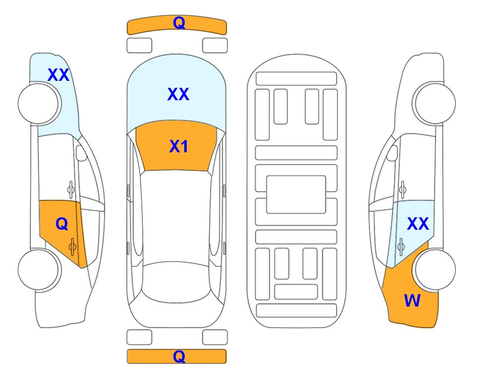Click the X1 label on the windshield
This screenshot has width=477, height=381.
179,146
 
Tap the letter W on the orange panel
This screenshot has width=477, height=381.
412,301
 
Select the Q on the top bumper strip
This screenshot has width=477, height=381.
179,22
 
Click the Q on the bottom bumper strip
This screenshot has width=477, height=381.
179,356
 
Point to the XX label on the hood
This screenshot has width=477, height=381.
178,94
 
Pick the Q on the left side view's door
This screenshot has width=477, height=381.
62,224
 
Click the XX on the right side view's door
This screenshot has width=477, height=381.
418,224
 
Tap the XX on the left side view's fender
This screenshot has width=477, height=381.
58,75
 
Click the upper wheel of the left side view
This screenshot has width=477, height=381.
40,103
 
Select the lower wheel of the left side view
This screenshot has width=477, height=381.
40,269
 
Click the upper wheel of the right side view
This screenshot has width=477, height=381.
434,103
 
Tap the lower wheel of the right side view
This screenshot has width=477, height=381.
434,269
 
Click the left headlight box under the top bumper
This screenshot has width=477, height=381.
139,46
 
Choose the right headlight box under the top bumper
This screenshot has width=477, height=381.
215,46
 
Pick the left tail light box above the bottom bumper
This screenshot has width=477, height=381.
139,337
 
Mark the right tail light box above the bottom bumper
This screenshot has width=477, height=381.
215,337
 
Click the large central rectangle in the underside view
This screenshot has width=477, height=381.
296,194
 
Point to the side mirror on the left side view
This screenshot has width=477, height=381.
81,153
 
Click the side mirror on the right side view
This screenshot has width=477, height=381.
392,153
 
